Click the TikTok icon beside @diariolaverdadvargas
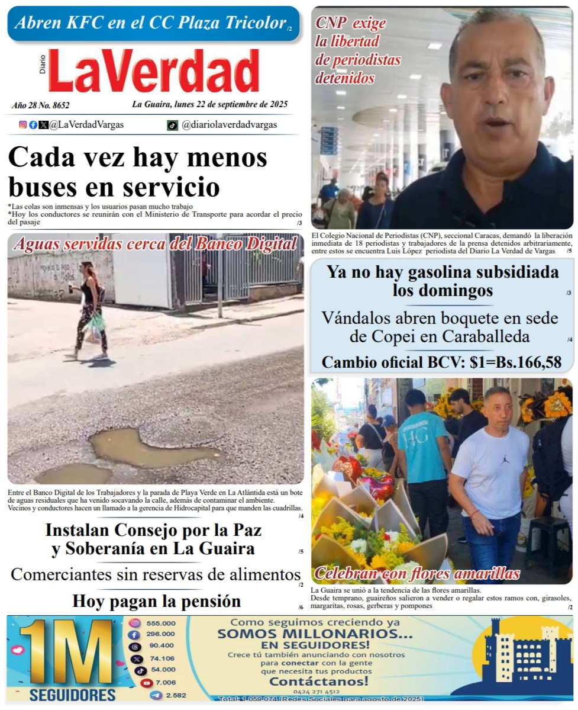click(172, 125)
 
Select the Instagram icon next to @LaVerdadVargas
click(23, 125)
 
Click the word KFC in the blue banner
click(109, 23)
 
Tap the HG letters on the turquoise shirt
click(424, 438)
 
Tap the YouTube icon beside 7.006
click(146, 683)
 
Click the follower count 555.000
click(161, 623)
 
